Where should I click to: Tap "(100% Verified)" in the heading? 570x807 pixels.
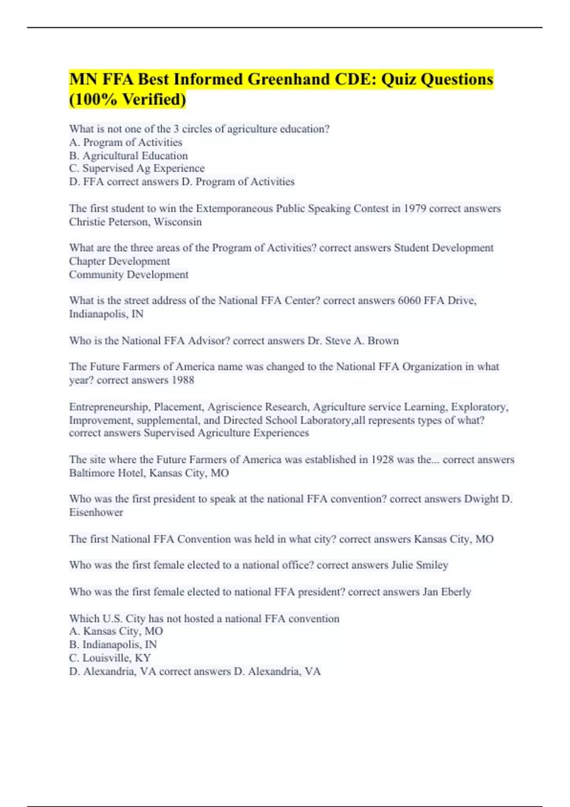127,100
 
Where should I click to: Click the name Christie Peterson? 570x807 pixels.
109,222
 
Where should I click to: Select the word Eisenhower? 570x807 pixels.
96,512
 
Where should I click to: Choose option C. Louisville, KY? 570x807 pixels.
110,658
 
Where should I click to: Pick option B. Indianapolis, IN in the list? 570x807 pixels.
113,645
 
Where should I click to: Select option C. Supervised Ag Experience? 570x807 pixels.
137,169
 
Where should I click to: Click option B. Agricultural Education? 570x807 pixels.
128,156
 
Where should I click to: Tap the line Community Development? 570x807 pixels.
129,274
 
